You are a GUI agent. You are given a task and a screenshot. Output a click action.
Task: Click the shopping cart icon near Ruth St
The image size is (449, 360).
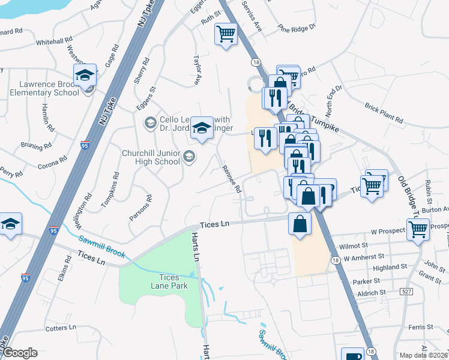(226, 34)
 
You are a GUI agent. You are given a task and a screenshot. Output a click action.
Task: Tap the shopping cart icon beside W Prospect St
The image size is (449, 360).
(418, 229)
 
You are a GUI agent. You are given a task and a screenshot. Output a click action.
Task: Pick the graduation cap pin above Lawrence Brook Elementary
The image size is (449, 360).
(85, 75)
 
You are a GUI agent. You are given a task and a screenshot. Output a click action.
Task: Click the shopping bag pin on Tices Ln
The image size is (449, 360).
(300, 224)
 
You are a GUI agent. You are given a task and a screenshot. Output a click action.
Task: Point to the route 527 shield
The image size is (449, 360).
(406, 292)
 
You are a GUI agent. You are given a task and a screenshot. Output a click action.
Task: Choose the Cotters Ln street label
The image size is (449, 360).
(61, 328)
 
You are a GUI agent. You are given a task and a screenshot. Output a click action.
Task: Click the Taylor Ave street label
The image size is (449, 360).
(197, 70)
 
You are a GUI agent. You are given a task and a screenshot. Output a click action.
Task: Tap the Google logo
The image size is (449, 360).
(20, 353)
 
